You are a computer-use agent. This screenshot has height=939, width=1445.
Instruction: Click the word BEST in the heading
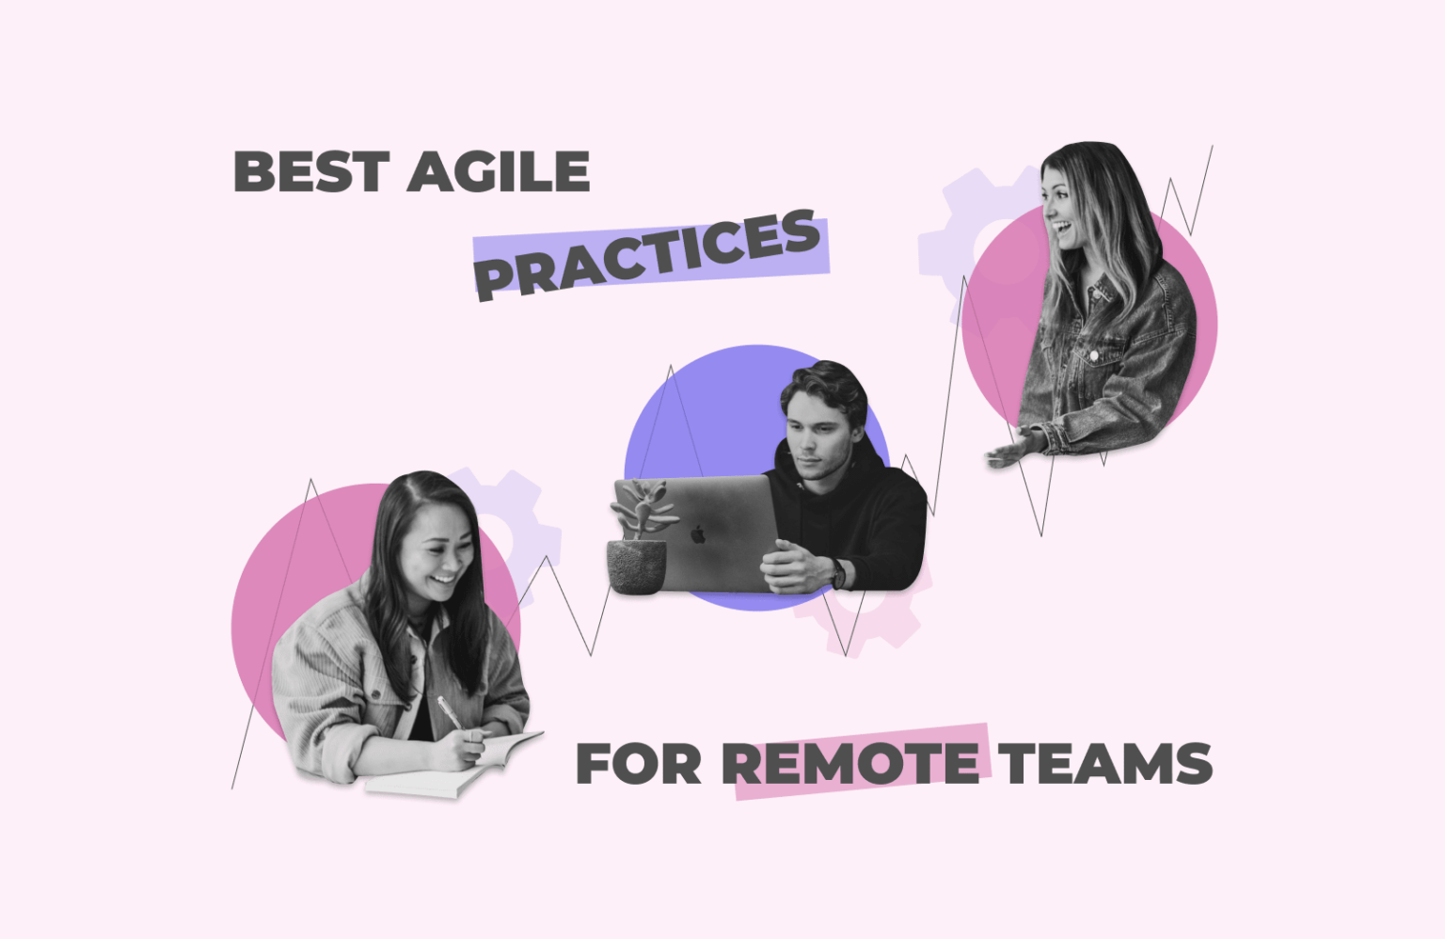(x=310, y=172)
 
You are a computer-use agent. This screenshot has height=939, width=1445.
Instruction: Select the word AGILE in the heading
(x=498, y=172)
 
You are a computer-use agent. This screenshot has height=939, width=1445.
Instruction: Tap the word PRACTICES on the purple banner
(x=647, y=254)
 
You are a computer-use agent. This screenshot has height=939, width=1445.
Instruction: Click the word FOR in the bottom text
(x=638, y=763)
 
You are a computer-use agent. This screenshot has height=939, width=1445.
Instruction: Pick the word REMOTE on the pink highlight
(x=852, y=763)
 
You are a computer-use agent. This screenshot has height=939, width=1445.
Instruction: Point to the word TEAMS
(x=1104, y=763)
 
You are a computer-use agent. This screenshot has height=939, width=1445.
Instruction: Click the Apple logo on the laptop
(x=698, y=534)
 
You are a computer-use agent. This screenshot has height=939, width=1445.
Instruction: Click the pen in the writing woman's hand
(x=449, y=712)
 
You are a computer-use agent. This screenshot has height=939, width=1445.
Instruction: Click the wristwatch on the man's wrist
(x=836, y=572)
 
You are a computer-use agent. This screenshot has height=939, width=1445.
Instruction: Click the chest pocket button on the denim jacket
(x=1094, y=357)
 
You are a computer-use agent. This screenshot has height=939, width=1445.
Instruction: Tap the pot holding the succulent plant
(x=636, y=566)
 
